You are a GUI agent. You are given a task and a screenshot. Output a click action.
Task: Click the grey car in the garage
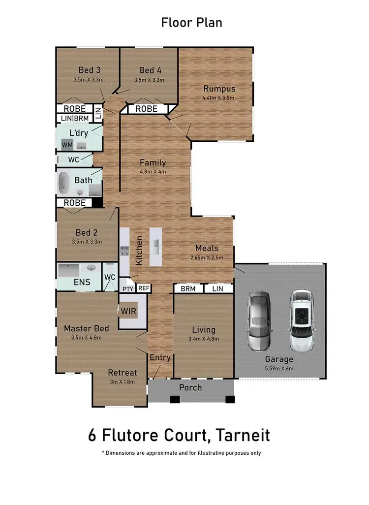pyautogui.click(x=259, y=321)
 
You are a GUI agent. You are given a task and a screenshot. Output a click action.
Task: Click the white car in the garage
pyautogui.click(x=301, y=320)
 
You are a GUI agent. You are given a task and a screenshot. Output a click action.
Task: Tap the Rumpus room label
pyautogui.click(x=219, y=89)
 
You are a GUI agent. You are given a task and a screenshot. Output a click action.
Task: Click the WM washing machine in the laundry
pyautogui.click(x=67, y=145)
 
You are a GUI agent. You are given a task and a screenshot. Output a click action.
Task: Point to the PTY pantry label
pyautogui.click(x=127, y=288)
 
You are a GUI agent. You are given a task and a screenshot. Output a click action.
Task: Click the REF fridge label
pyautogui.click(x=143, y=288)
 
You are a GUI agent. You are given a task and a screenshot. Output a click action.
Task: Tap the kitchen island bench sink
pyautogui.click(x=155, y=244)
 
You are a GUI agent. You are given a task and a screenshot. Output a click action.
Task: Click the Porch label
pyautogui.click(x=190, y=387)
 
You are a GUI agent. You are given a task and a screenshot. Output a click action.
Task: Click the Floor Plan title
pyautogui.click(x=191, y=23)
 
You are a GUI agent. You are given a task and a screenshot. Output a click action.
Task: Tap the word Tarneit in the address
pyautogui.click(x=241, y=435)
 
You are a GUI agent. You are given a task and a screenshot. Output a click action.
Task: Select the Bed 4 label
pyautogui.click(x=150, y=70)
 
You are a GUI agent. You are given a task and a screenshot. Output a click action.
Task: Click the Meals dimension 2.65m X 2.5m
pyautogui.click(x=206, y=257)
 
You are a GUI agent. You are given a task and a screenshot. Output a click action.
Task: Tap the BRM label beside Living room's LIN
pyautogui.click(x=187, y=289)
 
